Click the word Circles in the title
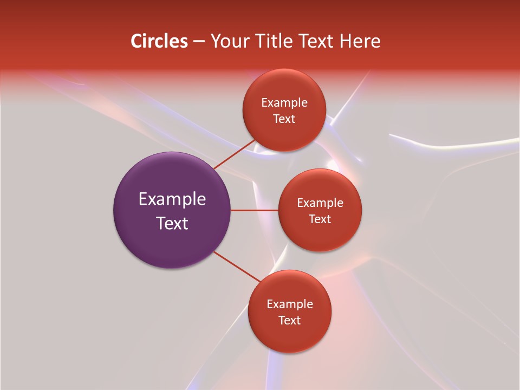click(159, 41)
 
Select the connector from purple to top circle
click(234, 154)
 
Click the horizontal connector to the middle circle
click(254, 210)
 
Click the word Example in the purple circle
click(172, 199)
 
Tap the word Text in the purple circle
click(172, 223)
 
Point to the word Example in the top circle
click(284, 102)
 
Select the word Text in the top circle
click(284, 119)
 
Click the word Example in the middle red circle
click(320, 203)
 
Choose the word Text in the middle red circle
click(320, 219)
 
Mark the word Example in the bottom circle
click(290, 304)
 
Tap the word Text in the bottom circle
click(290, 320)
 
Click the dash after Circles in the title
click(199, 41)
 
